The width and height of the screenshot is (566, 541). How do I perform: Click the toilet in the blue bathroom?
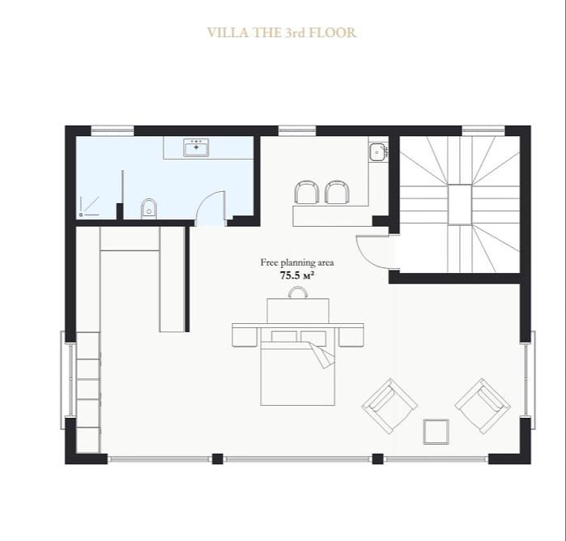coord(149,208)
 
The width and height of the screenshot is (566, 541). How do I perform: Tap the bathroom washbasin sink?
coord(197,147)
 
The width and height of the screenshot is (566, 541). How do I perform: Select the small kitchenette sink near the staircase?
coord(377,151)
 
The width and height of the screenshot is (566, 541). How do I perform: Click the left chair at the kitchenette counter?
coord(306,192)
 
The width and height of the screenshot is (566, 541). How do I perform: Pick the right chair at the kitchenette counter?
coord(337,192)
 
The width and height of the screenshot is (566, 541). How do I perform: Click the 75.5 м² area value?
coord(296,275)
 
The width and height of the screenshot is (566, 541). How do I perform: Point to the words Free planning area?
coord(297,262)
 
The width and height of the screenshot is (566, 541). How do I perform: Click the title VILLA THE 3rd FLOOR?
coord(282,32)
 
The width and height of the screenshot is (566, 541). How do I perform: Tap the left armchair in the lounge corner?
coord(389,406)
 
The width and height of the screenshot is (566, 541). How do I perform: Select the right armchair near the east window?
coord(483,406)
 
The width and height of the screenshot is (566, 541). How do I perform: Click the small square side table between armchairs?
coord(436,431)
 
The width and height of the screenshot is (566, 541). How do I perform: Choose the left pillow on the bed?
coord(284,337)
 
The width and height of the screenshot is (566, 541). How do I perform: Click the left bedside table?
coord(245,337)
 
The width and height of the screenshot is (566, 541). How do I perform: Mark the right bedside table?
coord(351,337)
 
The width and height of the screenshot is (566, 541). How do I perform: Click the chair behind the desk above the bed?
coord(298,292)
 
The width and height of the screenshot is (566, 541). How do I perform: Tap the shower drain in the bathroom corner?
coord(81,215)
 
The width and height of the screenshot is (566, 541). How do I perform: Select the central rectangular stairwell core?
coord(460,205)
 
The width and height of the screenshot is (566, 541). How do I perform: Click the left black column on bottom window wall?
coord(217,458)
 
